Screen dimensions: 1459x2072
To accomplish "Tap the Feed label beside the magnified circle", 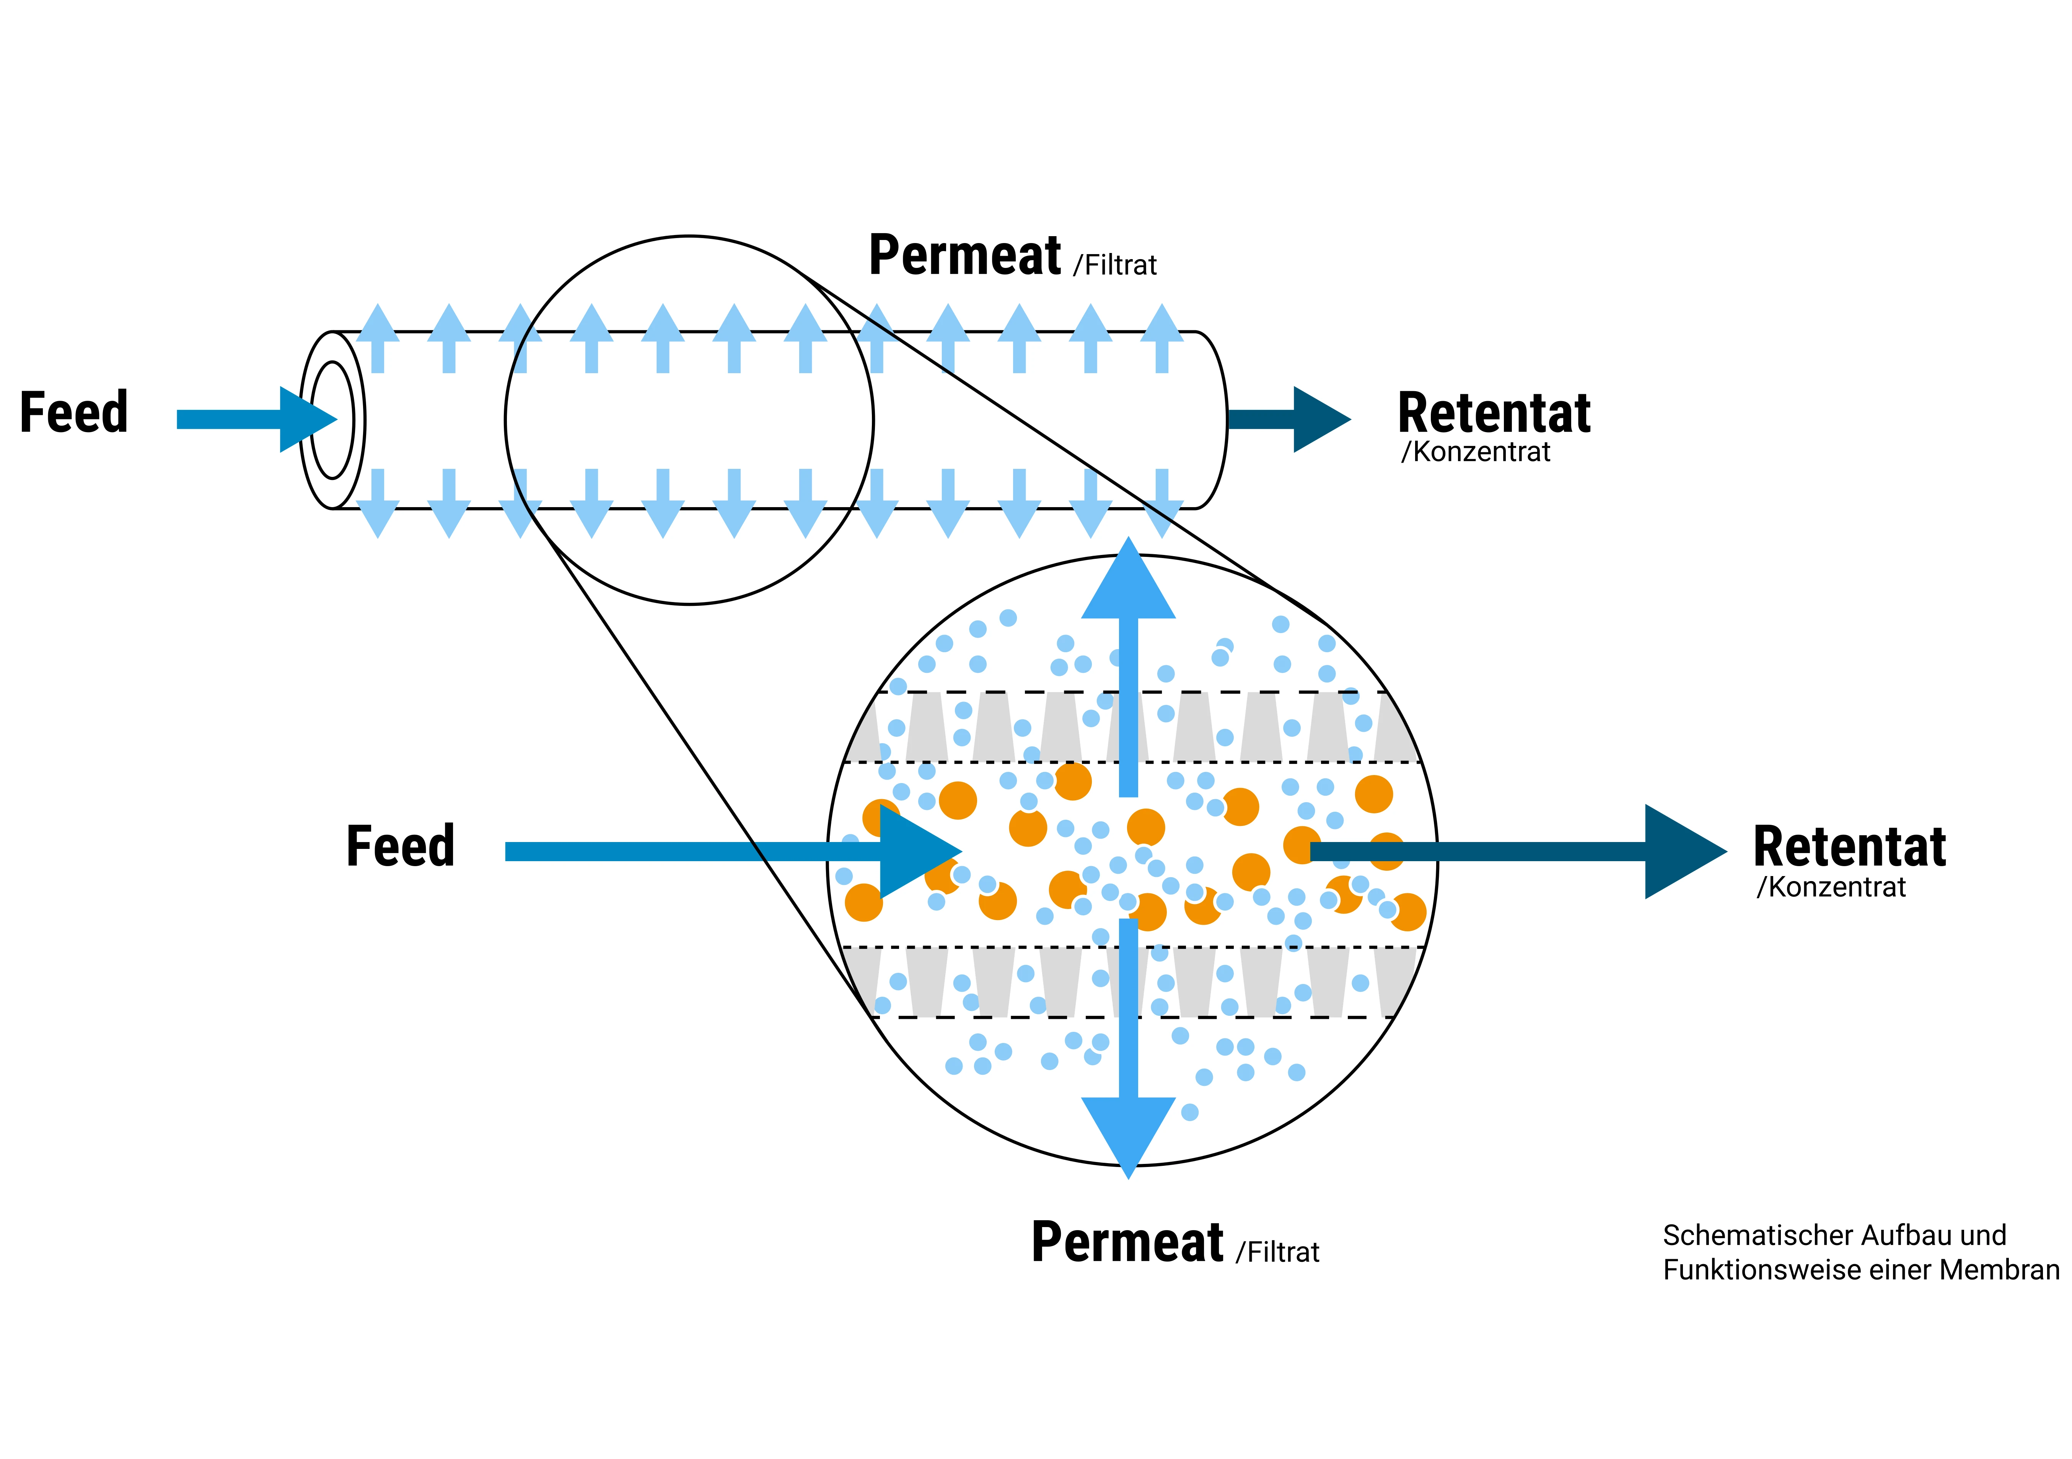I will point(401,847).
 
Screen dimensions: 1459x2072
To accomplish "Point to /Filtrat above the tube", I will point(1116,266).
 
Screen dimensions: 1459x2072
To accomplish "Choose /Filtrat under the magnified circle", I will point(1278,1252).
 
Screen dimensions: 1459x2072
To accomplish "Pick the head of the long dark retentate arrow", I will point(1680,851).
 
